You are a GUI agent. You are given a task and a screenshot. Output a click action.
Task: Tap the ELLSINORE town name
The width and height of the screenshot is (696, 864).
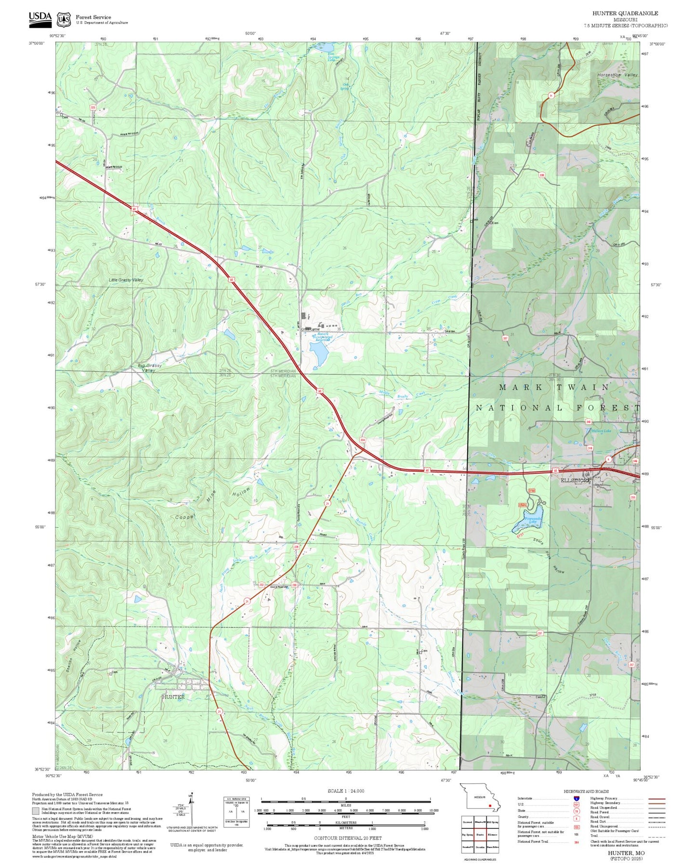pyautogui.click(x=575, y=480)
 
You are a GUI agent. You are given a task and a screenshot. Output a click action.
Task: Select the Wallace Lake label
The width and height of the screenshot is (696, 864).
pyautogui.click(x=601, y=431)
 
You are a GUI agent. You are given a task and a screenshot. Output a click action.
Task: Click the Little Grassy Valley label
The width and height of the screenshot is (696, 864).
pyautogui.click(x=126, y=280)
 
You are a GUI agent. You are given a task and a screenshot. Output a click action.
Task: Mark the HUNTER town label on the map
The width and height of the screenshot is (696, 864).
pyautogui.click(x=173, y=697)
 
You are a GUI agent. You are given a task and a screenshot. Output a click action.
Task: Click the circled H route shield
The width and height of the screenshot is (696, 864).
pyautogui.click(x=551, y=95)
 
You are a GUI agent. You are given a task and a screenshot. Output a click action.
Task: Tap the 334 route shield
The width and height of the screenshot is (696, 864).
pyautogui.click(x=362, y=440)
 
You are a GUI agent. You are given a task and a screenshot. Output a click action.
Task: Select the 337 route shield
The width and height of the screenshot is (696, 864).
pyautogui.click(x=505, y=338)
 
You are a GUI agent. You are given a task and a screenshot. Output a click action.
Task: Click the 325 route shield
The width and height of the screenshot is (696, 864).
pyautogui.click(x=92, y=107)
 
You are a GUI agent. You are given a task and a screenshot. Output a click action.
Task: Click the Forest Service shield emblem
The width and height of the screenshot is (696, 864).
pyautogui.click(x=64, y=20)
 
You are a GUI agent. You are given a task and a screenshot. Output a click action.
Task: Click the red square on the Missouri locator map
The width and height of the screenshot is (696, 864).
pyautogui.click(x=489, y=805)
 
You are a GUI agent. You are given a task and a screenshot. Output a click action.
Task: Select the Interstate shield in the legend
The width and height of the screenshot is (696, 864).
pyautogui.click(x=576, y=798)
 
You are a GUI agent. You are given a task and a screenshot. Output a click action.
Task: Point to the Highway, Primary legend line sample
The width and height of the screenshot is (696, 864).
pyautogui.click(x=657, y=799)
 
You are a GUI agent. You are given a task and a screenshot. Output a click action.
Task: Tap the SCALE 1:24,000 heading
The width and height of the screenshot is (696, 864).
pyautogui.click(x=345, y=791)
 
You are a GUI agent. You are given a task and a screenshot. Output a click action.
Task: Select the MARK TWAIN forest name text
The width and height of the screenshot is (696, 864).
pyautogui.click(x=554, y=387)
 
